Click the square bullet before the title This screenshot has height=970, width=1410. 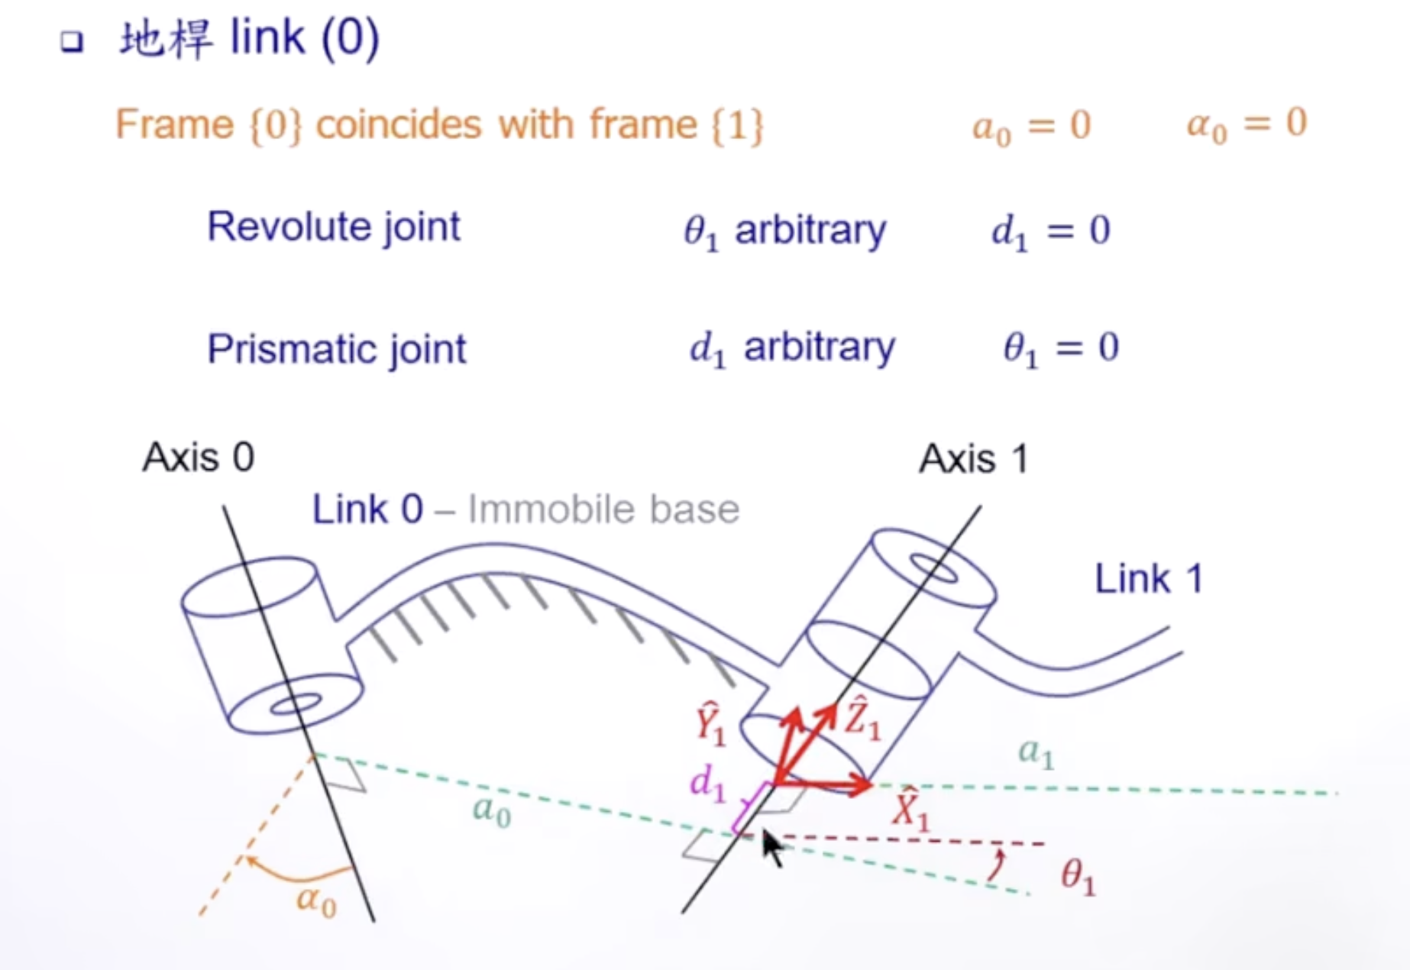[x=72, y=41]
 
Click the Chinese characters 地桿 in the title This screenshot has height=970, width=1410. [x=166, y=38]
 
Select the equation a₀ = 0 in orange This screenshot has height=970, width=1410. [x=1031, y=125]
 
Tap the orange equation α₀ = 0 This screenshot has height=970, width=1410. [x=1247, y=124]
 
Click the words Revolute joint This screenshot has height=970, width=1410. [x=334, y=227]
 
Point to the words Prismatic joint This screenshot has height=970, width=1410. [x=336, y=349]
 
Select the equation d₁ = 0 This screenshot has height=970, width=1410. [x=1050, y=231]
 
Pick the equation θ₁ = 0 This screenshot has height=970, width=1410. [x=1061, y=348]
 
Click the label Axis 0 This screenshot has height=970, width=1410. [x=199, y=458]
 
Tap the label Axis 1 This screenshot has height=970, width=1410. [x=974, y=459]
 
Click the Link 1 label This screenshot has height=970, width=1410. [x=1149, y=579]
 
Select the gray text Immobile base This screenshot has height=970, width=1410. [x=603, y=509]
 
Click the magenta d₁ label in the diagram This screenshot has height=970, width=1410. [x=707, y=784]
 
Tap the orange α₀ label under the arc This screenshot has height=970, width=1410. [x=316, y=901]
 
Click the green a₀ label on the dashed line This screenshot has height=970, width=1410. [x=491, y=811]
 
